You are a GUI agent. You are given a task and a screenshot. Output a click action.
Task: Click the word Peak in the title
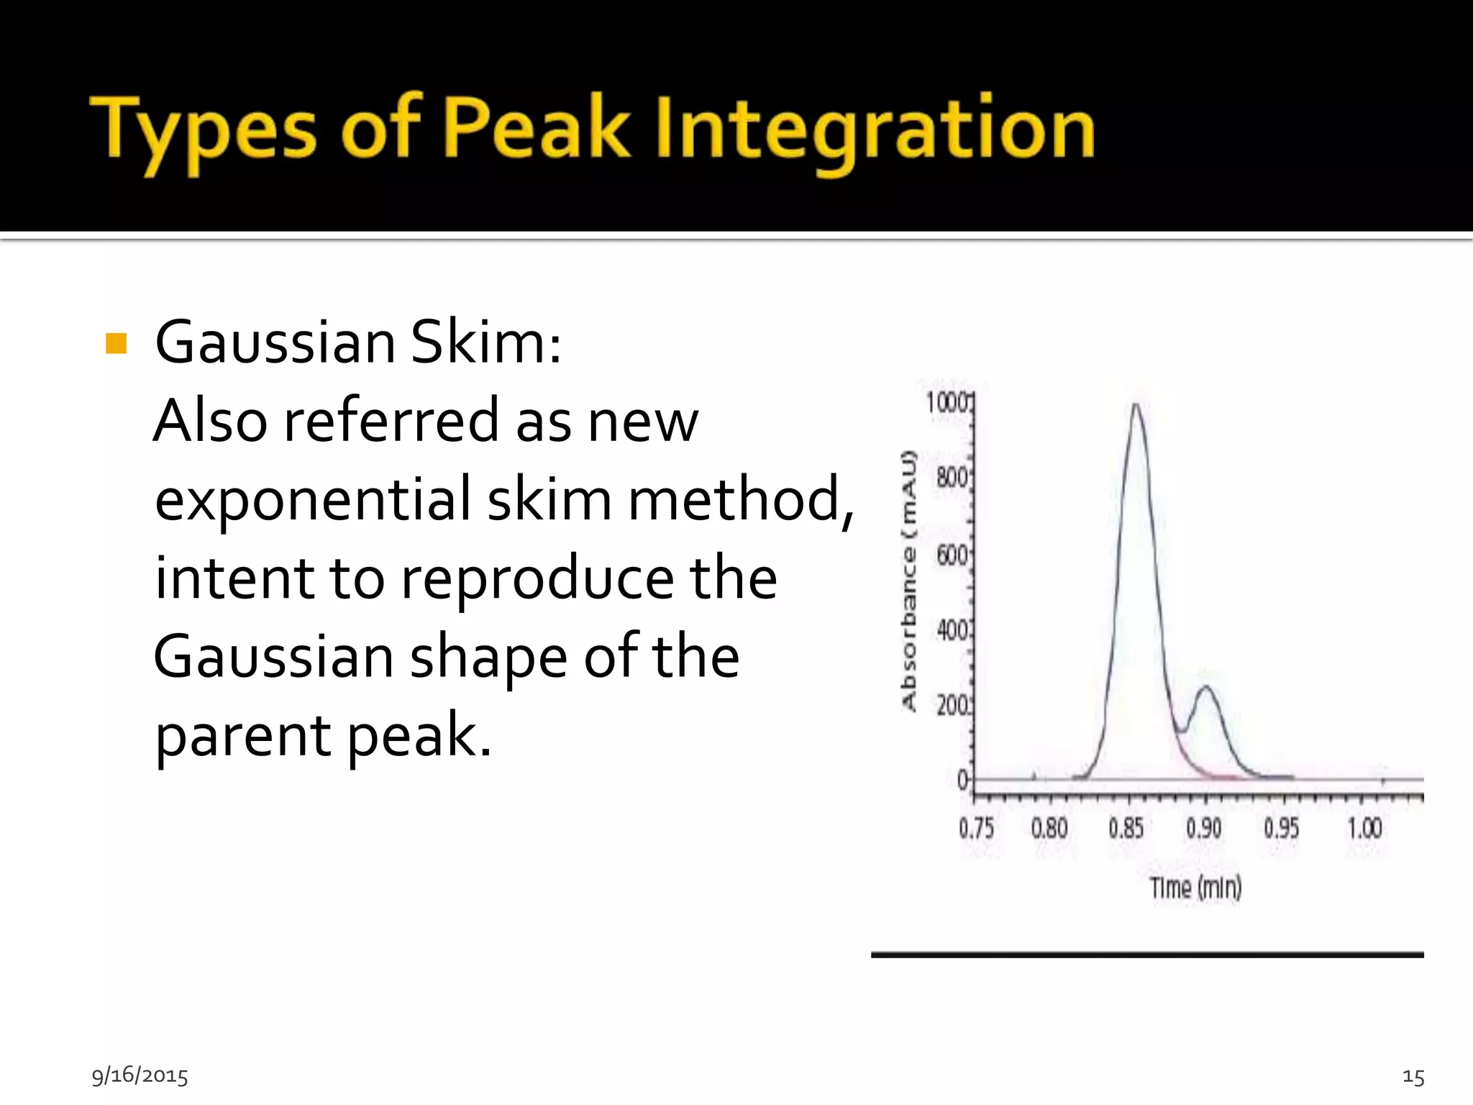click(x=535, y=129)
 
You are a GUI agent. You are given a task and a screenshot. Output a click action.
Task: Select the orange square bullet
click(x=116, y=344)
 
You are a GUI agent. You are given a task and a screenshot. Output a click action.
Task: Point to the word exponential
click(x=312, y=499)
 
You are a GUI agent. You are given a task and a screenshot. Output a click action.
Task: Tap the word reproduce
click(x=537, y=578)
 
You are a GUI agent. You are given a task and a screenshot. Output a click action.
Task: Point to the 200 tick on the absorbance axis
click(x=953, y=706)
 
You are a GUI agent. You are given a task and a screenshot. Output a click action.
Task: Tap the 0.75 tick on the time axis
click(x=976, y=828)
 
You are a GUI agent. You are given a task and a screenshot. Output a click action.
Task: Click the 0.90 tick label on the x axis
click(x=1203, y=828)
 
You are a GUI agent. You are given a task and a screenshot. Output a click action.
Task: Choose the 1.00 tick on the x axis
click(x=1364, y=828)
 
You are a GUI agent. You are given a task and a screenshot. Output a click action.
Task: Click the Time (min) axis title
click(x=1195, y=888)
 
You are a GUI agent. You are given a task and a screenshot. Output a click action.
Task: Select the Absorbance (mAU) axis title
click(x=909, y=581)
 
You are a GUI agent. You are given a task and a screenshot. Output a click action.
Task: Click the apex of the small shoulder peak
click(x=1207, y=688)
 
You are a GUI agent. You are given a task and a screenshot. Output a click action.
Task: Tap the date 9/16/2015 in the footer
click(x=140, y=1076)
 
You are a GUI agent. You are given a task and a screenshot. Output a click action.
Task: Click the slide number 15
click(x=1413, y=1077)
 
